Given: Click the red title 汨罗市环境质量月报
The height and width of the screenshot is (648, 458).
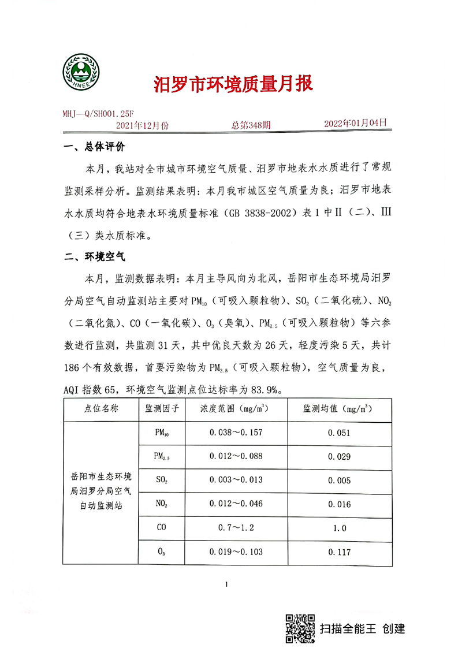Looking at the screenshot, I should (233, 84).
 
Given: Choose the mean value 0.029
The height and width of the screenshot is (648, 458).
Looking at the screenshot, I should (339, 456).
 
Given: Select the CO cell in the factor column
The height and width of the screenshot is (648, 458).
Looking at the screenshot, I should (161, 528).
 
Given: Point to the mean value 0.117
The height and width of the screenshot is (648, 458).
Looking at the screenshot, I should (339, 552).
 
